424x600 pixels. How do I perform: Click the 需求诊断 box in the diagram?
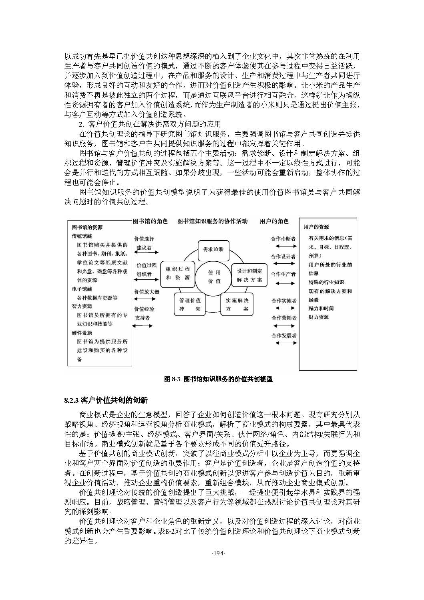(x=213, y=249)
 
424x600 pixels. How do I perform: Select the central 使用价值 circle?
(x=214, y=277)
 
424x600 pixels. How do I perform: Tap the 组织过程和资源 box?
(x=178, y=273)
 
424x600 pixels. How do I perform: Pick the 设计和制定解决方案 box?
(x=249, y=275)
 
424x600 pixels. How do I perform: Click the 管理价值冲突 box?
(x=190, y=305)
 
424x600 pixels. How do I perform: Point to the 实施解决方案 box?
(x=237, y=305)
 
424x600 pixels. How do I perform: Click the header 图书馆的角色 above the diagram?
(x=150, y=221)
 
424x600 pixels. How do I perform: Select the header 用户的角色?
(x=274, y=221)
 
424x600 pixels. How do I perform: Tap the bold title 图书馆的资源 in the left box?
(x=87, y=227)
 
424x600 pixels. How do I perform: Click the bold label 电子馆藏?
(x=82, y=289)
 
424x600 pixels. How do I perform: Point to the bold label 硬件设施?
(x=82, y=333)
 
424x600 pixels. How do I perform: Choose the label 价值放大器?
(x=147, y=292)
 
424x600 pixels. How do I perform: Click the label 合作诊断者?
(x=283, y=239)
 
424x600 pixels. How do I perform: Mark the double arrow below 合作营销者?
(x=285, y=326)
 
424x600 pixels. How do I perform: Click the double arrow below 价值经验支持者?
(x=142, y=326)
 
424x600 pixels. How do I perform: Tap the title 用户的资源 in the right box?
(x=316, y=227)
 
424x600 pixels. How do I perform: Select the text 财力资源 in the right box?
(x=319, y=317)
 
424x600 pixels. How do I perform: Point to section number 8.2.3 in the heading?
(x=72, y=400)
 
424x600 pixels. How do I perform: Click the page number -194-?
(x=219, y=554)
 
